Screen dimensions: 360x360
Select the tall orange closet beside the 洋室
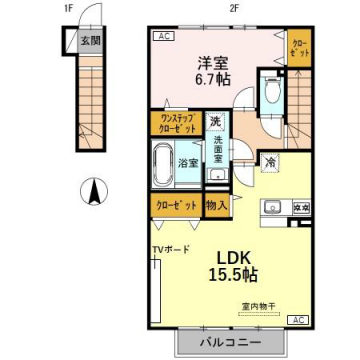[298, 50]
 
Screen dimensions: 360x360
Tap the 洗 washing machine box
[214, 121]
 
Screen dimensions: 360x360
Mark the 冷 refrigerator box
[271, 159]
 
